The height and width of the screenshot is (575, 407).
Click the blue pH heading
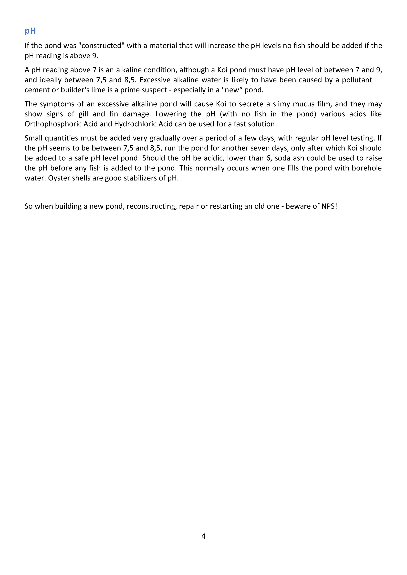click(30, 31)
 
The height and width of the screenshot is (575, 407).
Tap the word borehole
click(367, 168)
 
